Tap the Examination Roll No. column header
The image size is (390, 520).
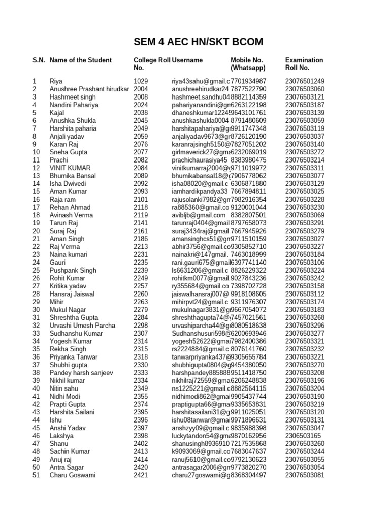[x=304, y=63]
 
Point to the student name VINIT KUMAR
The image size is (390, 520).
[x=70, y=168]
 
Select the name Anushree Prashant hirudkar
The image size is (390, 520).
[x=89, y=89]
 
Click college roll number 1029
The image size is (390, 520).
[x=141, y=81]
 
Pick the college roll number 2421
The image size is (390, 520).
[x=141, y=475]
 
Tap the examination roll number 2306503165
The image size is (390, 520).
[x=303, y=435]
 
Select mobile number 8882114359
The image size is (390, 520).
[x=248, y=97]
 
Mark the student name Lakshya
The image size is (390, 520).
[x=61, y=435]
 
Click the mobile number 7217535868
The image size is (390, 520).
[x=248, y=443]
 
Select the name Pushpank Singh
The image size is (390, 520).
[x=73, y=270]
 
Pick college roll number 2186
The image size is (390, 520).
[x=141, y=239]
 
